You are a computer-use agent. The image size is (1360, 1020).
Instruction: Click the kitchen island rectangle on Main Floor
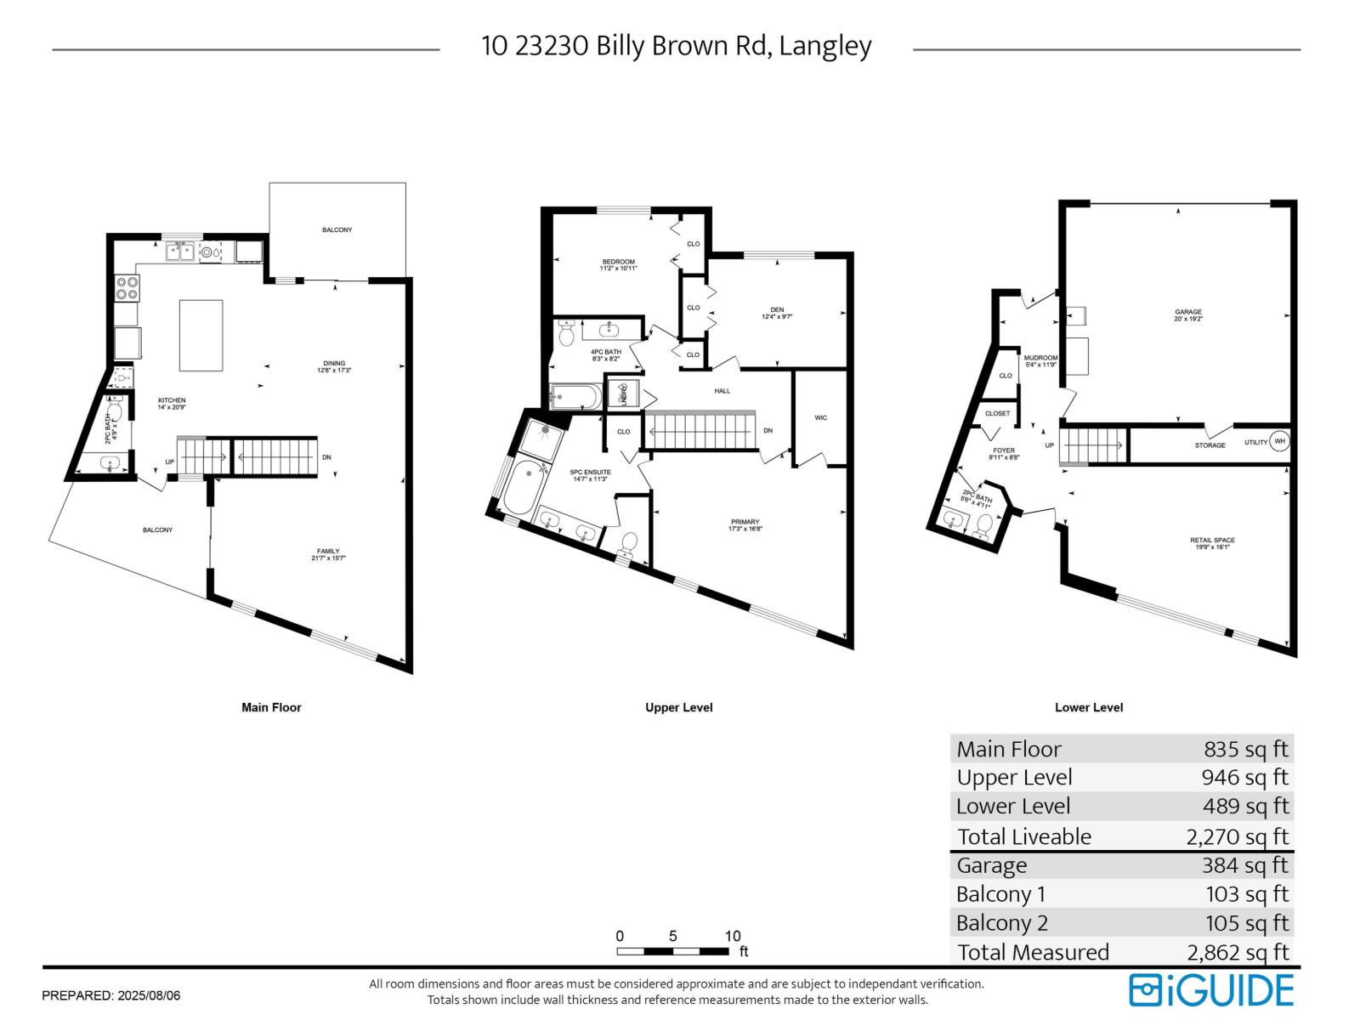201,335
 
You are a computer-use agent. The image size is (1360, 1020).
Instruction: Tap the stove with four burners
127,288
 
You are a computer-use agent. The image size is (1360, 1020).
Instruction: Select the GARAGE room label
1188,312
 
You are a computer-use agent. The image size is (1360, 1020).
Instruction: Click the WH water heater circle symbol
1279,441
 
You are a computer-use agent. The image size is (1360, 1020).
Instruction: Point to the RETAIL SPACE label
1212,541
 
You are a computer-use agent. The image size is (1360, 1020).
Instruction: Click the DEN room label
777,310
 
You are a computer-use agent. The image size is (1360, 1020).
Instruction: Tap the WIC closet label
820,417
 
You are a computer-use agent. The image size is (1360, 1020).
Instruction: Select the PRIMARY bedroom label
745,522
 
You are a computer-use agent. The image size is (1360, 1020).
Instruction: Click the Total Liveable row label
1023,836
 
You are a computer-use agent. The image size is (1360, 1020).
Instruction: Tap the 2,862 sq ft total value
1237,952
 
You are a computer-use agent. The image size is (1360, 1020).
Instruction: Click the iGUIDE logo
1211,990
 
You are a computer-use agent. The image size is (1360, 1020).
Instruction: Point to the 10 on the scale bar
732,936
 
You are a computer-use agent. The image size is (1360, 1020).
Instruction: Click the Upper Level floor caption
678,707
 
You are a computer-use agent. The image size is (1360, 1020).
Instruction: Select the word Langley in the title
825,46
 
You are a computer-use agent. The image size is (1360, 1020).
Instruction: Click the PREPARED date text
110,994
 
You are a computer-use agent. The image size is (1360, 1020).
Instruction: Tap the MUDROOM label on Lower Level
1040,358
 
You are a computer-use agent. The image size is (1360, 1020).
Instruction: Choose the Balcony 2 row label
1001,923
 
